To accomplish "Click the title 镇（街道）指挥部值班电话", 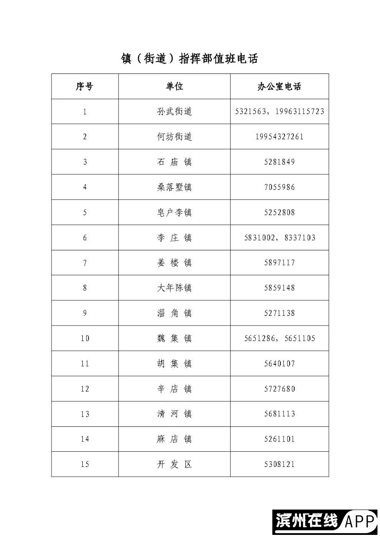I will tap(189, 58).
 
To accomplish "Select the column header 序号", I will tap(84, 86).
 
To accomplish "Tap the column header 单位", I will tap(174, 86).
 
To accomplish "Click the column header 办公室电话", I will tap(279, 86).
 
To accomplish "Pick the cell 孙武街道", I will tap(174, 111).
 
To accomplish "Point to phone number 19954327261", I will tap(279, 137).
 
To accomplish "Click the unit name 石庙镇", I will tap(174, 162).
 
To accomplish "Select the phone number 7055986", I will tap(279, 187).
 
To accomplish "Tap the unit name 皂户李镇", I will tap(174, 212).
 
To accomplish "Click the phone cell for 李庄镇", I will tap(279, 238).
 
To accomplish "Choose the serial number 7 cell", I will tap(84, 263).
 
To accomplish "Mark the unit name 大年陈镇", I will tap(174, 288).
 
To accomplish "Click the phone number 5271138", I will tap(279, 313).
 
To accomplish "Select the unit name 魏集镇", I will tap(174, 338).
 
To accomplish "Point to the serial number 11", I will tap(84, 363).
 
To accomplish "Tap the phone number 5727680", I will tap(279, 389).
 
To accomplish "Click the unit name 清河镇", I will tap(174, 414).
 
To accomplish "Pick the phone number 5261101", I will tap(279, 439).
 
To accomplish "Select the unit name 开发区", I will tap(174, 464).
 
